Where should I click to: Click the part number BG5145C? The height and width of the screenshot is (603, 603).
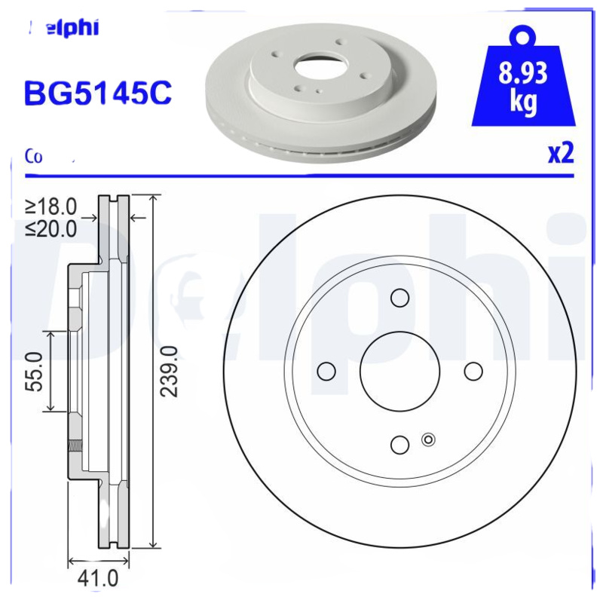[x=99, y=93]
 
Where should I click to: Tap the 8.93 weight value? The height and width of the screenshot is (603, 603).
[x=522, y=75]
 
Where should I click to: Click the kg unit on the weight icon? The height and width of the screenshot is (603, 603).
[x=522, y=103]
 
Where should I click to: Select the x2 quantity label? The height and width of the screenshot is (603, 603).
[x=560, y=153]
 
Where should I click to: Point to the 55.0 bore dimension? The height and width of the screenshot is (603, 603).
[x=35, y=371]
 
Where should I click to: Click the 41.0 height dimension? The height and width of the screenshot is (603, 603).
[x=99, y=579]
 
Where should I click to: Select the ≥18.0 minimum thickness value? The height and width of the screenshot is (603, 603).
[x=51, y=206]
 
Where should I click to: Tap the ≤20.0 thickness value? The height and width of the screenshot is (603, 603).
[x=51, y=228]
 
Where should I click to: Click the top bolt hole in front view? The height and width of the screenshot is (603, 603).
[x=399, y=298]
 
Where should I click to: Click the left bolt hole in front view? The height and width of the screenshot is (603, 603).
[x=326, y=371]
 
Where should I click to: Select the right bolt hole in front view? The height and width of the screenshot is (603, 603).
[x=473, y=371]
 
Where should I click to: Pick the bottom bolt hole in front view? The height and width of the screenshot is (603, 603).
[x=399, y=445]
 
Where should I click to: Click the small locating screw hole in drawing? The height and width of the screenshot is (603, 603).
[x=429, y=440]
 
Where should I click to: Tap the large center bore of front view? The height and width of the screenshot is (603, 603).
[x=399, y=371]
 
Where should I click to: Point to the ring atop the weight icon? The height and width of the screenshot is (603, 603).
[x=523, y=35]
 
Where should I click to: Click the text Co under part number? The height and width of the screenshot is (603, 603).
[x=33, y=156]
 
